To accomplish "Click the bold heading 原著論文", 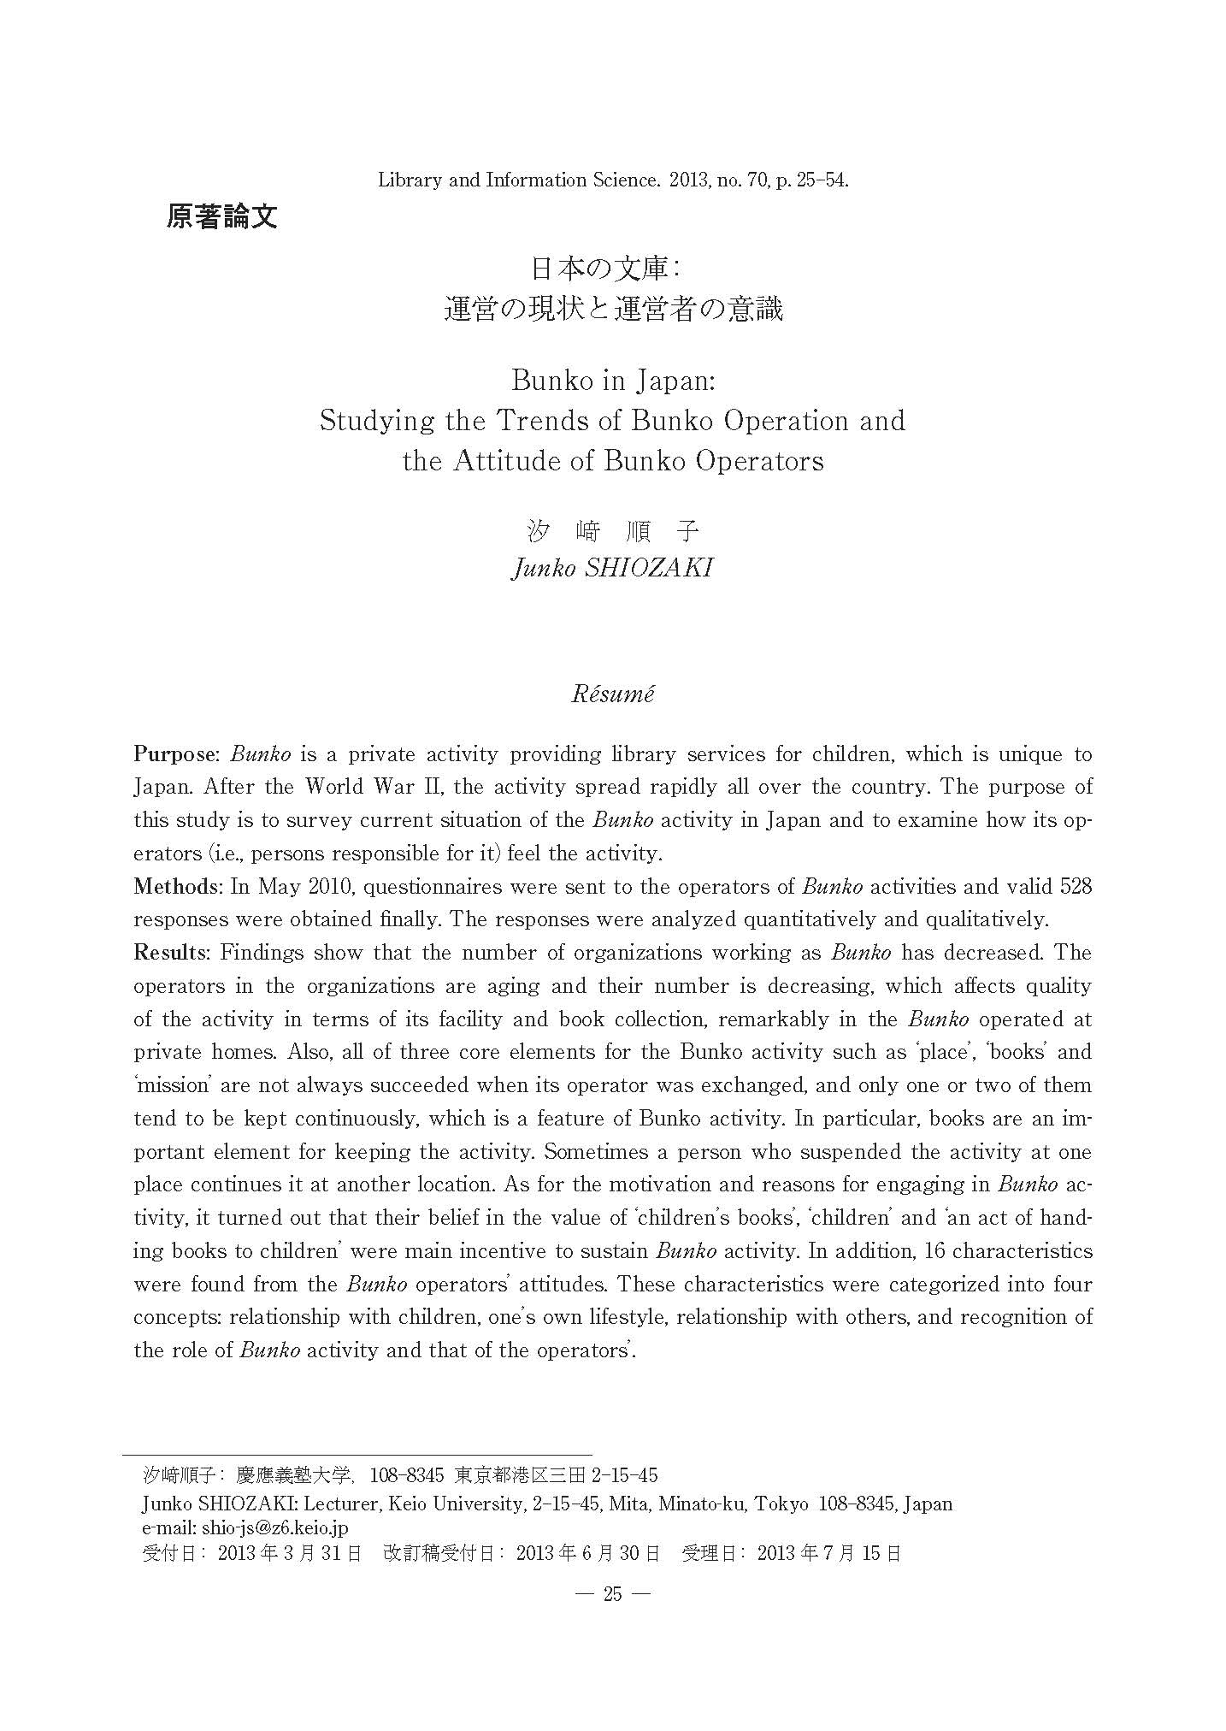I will [x=221, y=216].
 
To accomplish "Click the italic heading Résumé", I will [x=612, y=694].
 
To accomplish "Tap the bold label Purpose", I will [x=175, y=754].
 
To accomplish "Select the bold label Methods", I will [x=178, y=887].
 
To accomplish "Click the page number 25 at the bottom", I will [x=613, y=1593].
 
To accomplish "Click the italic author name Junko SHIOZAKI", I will [x=612, y=568].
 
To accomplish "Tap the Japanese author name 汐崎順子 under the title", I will [x=612, y=532].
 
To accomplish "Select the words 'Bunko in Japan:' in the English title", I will [x=612, y=380].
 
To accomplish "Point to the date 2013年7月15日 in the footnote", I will [x=828, y=1553].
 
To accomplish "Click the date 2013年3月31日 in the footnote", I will [x=290, y=1553].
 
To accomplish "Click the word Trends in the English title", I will [x=572, y=421].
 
